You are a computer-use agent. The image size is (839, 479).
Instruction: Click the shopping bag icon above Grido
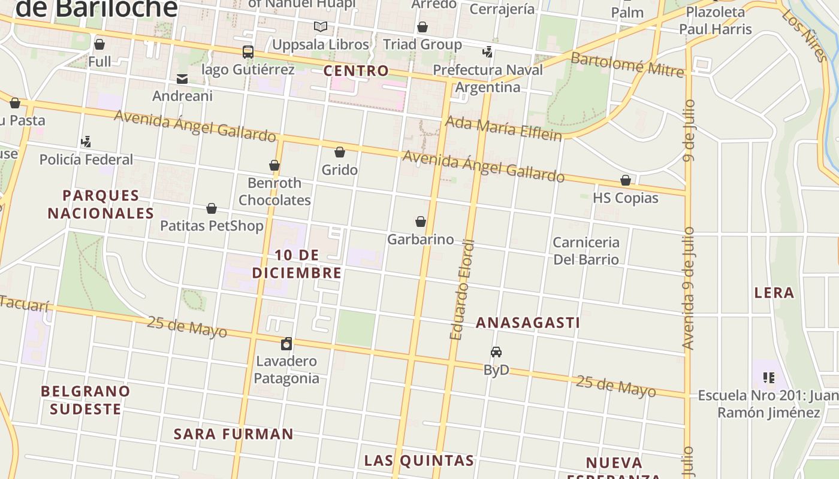pyautogui.click(x=340, y=152)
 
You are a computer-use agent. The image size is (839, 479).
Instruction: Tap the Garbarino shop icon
pyautogui.click(x=421, y=222)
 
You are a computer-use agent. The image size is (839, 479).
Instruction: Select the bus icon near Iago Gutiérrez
pyautogui.click(x=248, y=52)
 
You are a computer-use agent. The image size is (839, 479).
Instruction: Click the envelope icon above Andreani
pyautogui.click(x=182, y=78)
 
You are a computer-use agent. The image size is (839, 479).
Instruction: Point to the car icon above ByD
pyautogui.click(x=496, y=352)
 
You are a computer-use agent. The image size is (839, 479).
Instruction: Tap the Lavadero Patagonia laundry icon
pyautogui.click(x=286, y=344)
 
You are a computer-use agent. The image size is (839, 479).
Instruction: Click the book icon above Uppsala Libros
pyautogui.click(x=321, y=27)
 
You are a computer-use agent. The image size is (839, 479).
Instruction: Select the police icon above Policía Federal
pyautogui.click(x=86, y=142)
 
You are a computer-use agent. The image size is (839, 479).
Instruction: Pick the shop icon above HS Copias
pyautogui.click(x=626, y=180)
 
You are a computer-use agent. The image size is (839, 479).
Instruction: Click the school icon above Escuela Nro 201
pyautogui.click(x=768, y=377)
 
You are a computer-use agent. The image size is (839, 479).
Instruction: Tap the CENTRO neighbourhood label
pyautogui.click(x=356, y=71)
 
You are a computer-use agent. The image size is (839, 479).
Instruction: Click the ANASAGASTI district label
pyautogui.click(x=527, y=323)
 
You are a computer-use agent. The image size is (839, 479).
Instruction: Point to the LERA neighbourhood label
pyautogui.click(x=774, y=293)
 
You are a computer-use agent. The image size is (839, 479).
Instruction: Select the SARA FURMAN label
pyautogui.click(x=234, y=434)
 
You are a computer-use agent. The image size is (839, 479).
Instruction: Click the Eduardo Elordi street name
pyautogui.click(x=462, y=290)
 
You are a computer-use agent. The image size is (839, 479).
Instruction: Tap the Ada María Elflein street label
pyautogui.click(x=503, y=128)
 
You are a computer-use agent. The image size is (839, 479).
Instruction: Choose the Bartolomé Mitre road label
pyautogui.click(x=627, y=65)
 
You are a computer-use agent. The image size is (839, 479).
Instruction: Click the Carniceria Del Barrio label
pyautogui.click(x=586, y=250)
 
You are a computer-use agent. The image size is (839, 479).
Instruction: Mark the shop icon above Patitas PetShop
pyautogui.click(x=212, y=208)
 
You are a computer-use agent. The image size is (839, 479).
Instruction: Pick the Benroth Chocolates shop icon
pyautogui.click(x=274, y=165)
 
